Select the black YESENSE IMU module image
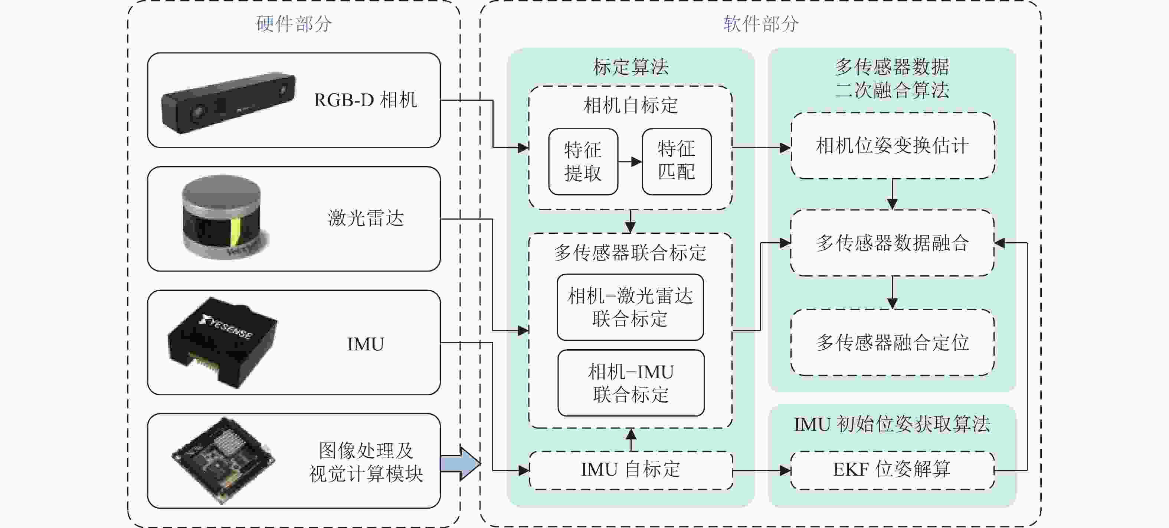click(x=222, y=342)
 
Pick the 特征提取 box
click(x=583, y=162)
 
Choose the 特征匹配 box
click(x=676, y=162)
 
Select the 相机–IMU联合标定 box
click(x=631, y=383)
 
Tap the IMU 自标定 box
click(x=631, y=470)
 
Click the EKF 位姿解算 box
click(x=892, y=470)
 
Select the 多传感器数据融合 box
click(x=892, y=243)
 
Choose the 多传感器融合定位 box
click(x=892, y=343)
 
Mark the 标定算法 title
click(x=631, y=67)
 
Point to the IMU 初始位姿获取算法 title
click(x=892, y=424)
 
